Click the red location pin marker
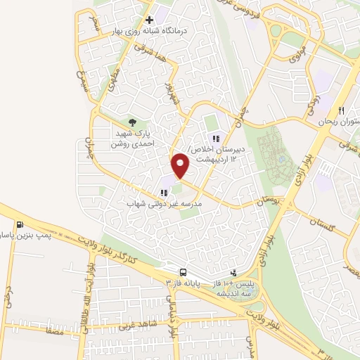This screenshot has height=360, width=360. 181,165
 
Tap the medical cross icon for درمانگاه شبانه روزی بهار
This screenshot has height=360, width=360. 149,20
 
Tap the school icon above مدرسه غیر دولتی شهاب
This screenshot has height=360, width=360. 164,192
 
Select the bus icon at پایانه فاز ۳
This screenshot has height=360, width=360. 183,271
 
